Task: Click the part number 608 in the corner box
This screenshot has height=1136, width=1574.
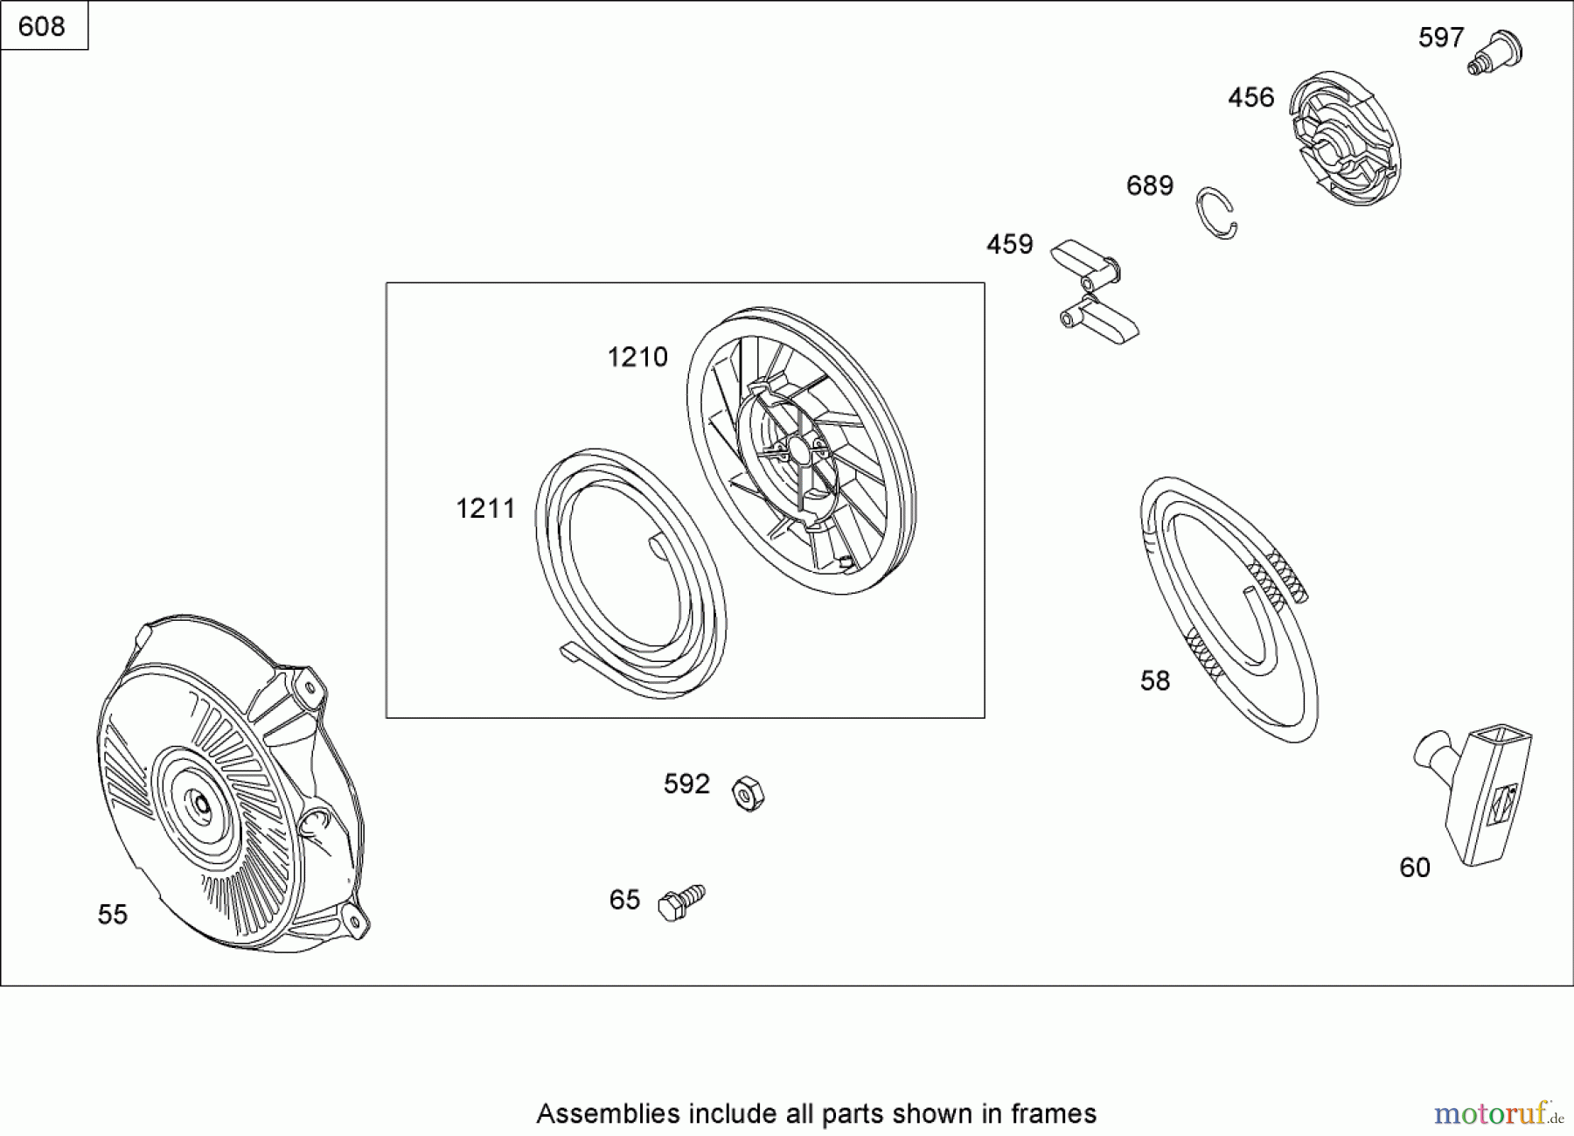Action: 41,26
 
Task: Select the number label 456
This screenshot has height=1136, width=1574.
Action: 1250,97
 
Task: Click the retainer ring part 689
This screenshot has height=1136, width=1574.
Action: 1216,213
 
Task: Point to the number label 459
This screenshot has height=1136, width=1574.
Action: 1009,244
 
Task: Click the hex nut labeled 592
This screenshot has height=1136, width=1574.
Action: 748,792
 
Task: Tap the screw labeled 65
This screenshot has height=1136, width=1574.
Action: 681,903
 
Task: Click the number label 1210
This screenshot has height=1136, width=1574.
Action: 637,357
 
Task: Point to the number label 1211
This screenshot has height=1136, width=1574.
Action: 485,508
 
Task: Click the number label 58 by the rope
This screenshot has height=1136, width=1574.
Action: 1154,680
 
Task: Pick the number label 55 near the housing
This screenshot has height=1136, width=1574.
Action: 113,915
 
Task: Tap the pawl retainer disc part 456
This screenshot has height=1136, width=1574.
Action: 1346,138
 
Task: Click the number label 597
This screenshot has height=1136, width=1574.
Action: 1440,38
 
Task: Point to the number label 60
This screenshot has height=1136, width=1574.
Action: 1414,868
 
